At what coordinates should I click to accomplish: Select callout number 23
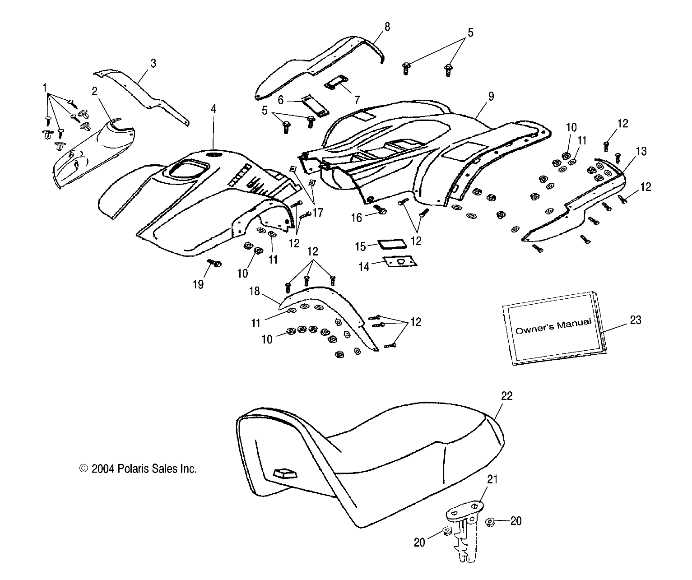[635, 320]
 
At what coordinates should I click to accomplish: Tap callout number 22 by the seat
[507, 396]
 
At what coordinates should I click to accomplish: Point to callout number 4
[214, 109]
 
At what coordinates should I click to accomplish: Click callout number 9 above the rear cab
[491, 96]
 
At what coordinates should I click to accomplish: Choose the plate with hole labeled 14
[400, 262]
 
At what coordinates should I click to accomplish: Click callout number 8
[387, 27]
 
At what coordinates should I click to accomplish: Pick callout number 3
[153, 63]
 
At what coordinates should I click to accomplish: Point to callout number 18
[255, 292]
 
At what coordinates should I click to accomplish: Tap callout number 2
[94, 92]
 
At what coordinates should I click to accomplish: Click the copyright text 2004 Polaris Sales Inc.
[138, 469]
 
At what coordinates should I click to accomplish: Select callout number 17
[317, 213]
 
